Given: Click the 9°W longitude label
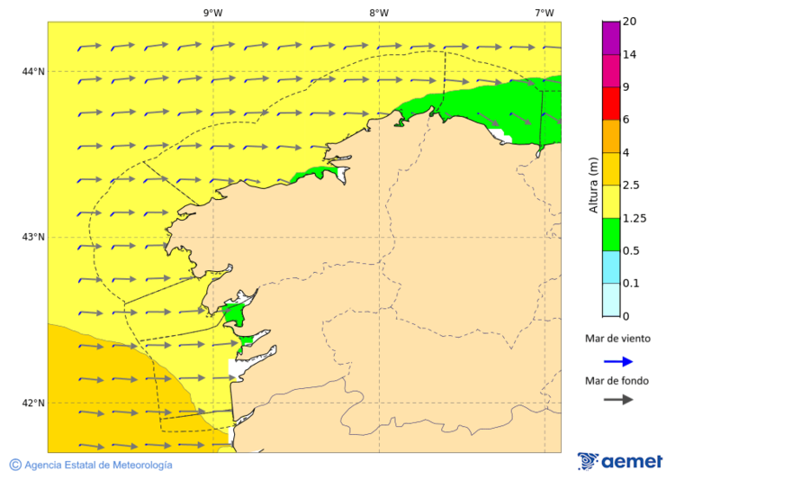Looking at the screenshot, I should [x=212, y=13].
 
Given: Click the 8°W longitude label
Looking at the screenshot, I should [x=378, y=13].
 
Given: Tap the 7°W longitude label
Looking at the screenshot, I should [x=544, y=13].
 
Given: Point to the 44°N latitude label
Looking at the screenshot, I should [x=33, y=71].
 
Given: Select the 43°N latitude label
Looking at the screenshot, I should [x=33, y=237].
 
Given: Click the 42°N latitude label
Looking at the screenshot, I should [x=33, y=403].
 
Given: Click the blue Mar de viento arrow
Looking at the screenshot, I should [x=617, y=361].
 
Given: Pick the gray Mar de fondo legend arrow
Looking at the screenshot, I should [x=617, y=400].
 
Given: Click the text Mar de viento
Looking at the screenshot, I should [x=617, y=340].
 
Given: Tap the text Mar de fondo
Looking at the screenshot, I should [x=617, y=380].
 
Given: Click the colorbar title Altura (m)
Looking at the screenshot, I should [x=593, y=185].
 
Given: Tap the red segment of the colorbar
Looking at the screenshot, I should [x=611, y=104].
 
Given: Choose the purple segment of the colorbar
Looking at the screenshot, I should [x=611, y=38].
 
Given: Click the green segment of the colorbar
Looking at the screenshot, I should [x=611, y=234].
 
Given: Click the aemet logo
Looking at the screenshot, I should [x=620, y=461].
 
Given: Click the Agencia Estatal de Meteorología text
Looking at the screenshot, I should [x=98, y=466].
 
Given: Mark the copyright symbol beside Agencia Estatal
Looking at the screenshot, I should [x=15, y=465].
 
